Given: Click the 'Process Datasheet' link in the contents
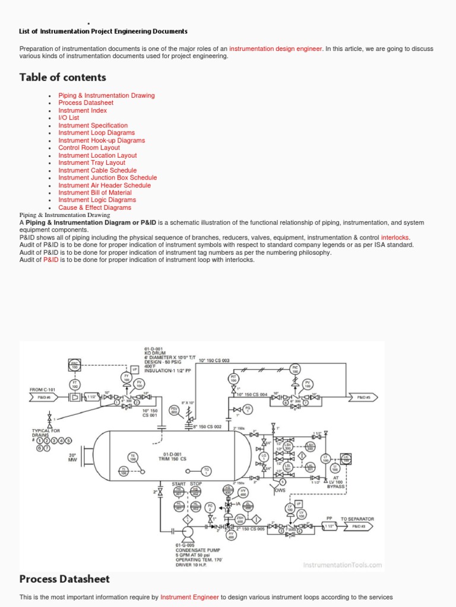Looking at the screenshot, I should click(85, 103).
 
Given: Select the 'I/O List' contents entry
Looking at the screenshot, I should click(68, 117).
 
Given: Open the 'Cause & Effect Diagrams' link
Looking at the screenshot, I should click(94, 207).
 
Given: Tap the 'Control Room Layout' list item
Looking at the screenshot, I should click(88, 148).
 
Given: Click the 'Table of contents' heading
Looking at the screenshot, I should click(62, 77).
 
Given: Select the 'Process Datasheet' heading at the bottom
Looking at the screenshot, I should click(64, 579).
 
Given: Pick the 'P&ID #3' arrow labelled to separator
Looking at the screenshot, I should click(358, 526).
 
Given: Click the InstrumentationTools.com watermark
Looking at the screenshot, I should click(343, 565).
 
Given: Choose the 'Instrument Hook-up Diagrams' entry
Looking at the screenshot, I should click(102, 140).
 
